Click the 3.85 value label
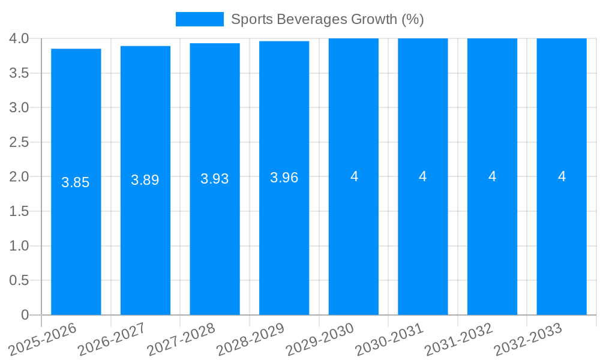(x=76, y=182)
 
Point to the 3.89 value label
(x=145, y=180)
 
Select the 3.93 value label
(x=215, y=179)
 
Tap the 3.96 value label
(x=284, y=178)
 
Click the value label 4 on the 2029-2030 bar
(x=354, y=176)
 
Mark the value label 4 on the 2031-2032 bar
(x=493, y=176)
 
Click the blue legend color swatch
(x=199, y=19)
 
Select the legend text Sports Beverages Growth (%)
(x=328, y=19)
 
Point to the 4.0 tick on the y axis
(x=20, y=38)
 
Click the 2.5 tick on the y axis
(x=20, y=142)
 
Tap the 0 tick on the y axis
(x=25, y=315)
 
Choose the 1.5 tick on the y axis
(x=20, y=211)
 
